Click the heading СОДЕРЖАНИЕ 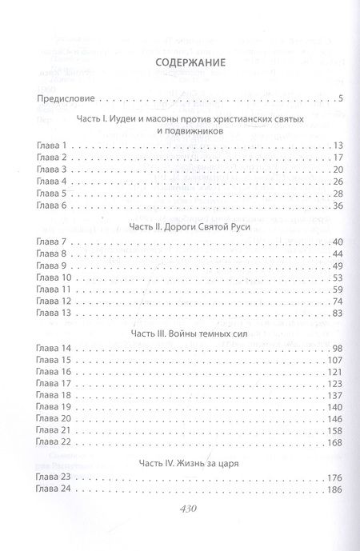[x=179, y=62]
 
